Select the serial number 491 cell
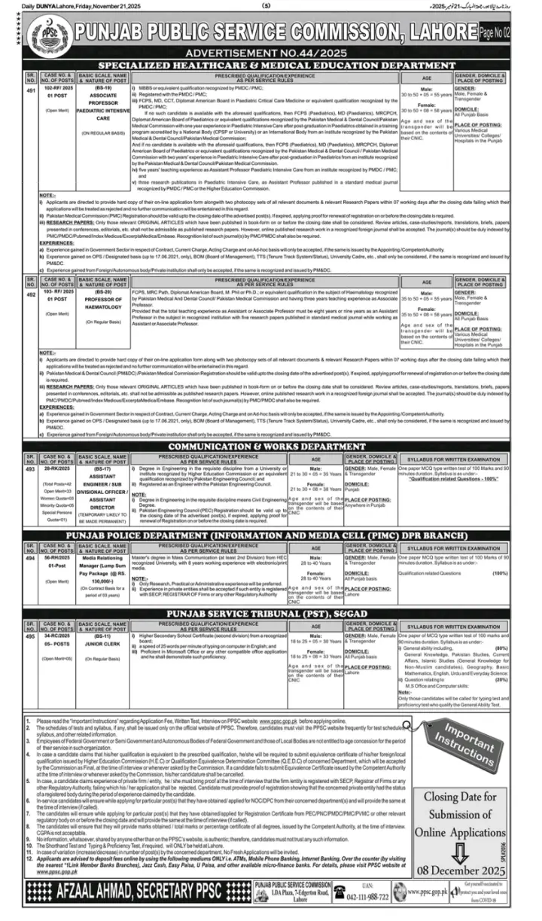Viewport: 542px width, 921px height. [30, 90]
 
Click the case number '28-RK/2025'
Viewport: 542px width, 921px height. [56, 468]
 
